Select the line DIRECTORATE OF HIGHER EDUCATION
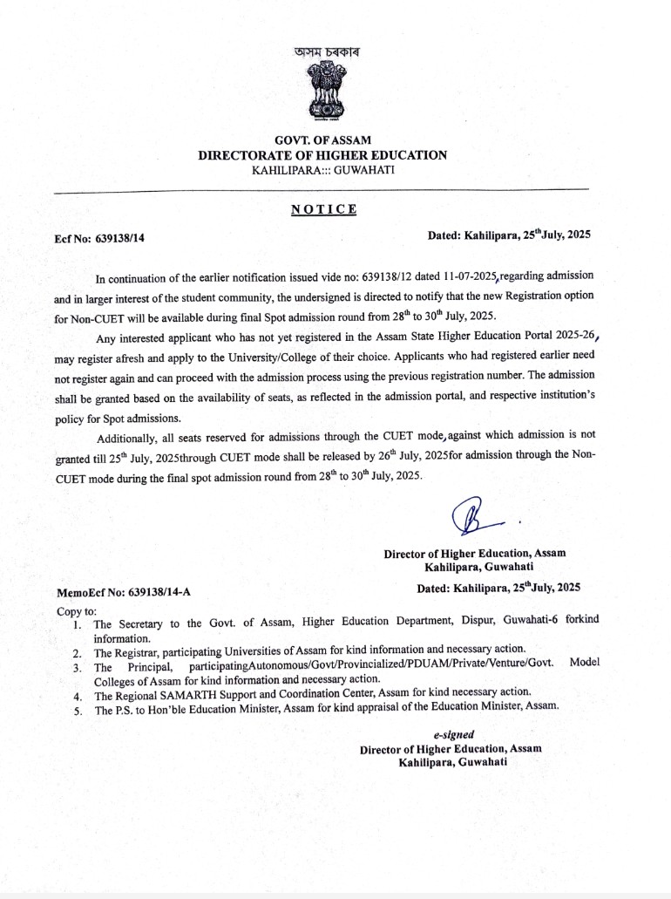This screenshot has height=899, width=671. (x=322, y=155)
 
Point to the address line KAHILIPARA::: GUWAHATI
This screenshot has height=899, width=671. (x=322, y=169)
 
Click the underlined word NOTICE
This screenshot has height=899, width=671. (x=323, y=208)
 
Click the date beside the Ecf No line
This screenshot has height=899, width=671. (x=509, y=235)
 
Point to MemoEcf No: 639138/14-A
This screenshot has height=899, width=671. (x=124, y=593)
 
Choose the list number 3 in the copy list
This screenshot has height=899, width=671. (x=77, y=668)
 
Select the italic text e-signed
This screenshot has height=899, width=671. (x=453, y=736)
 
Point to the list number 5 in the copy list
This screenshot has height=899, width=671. (x=77, y=711)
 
